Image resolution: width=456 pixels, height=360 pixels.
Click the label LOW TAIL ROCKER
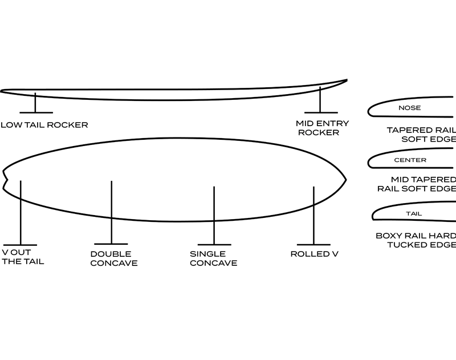point(44,124)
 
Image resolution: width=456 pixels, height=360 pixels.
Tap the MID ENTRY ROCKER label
point(322,128)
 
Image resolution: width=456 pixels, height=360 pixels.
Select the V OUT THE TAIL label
point(23,257)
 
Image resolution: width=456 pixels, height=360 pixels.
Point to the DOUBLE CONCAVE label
point(114,258)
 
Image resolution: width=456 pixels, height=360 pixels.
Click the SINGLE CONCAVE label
point(213,258)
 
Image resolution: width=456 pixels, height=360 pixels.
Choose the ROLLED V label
point(315,254)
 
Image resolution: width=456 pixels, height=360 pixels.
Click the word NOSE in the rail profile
point(409,108)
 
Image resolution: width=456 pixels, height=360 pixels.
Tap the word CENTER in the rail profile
point(410,160)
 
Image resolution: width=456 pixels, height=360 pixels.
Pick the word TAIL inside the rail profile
point(414,214)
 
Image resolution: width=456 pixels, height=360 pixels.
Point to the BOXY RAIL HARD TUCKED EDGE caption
point(417,240)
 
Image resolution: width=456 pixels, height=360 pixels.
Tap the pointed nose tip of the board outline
point(345,180)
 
